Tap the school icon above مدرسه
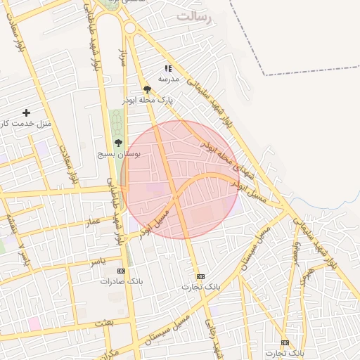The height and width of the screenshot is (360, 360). (x=167, y=69)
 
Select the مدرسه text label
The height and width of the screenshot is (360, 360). (x=169, y=79)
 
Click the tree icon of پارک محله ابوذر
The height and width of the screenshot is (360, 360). (x=147, y=89)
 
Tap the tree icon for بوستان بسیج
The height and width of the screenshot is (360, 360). (x=117, y=143)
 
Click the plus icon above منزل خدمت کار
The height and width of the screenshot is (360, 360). (x=27, y=112)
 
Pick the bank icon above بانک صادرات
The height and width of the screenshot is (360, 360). (x=122, y=271)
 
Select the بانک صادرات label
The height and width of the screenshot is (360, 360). (x=122, y=281)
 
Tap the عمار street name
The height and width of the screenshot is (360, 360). (x=93, y=221)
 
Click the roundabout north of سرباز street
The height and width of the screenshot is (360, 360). (x=129, y=27)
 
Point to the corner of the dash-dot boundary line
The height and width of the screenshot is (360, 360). (x=266, y=73)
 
